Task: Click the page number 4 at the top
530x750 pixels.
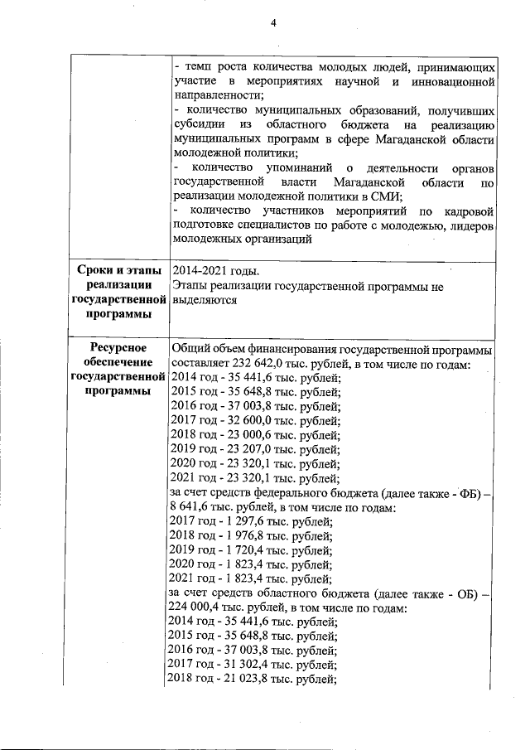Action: (x=273, y=22)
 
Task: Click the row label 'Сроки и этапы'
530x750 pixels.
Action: (x=115, y=271)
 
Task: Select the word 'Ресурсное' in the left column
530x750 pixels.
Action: (x=116, y=348)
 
